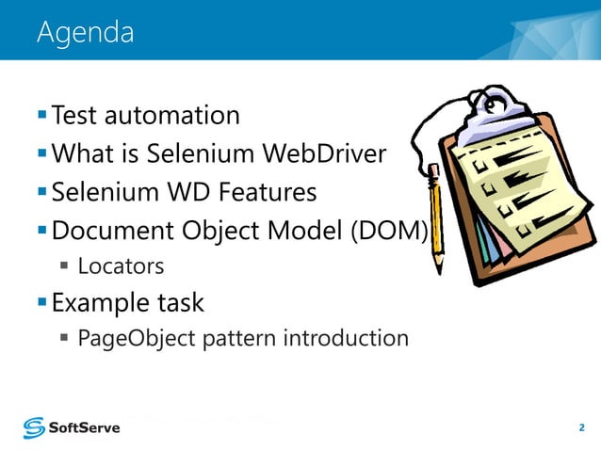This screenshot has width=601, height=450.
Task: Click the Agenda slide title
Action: (x=85, y=33)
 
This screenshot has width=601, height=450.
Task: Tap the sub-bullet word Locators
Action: (x=121, y=267)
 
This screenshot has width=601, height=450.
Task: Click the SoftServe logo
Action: (x=73, y=428)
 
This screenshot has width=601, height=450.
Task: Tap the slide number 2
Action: (x=581, y=428)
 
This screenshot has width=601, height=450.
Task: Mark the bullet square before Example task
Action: (x=42, y=303)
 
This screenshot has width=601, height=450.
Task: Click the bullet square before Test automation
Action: (x=42, y=116)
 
